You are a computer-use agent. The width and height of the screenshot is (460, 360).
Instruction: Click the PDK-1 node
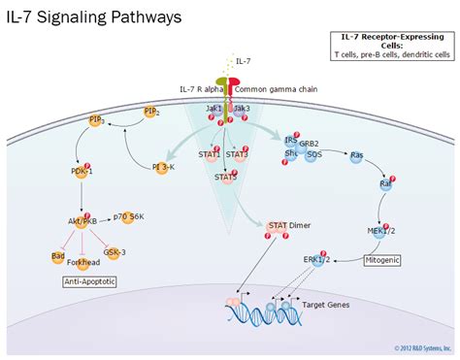tap(82, 172)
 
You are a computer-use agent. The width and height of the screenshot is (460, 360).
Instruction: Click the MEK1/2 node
tap(383, 228)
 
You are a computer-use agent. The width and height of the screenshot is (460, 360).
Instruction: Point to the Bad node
tap(46, 254)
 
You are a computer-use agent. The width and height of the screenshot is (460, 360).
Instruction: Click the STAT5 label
tap(225, 177)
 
